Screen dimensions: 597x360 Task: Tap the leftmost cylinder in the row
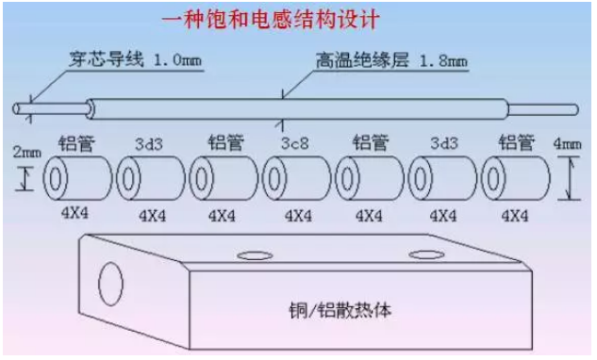pos(75,179)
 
